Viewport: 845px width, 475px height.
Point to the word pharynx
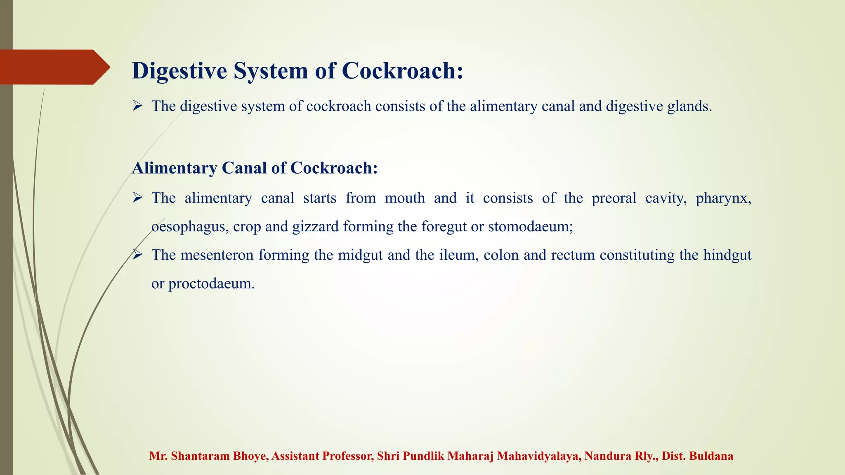(723, 198)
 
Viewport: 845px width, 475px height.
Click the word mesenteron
(217, 255)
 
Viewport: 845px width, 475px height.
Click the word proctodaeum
(211, 284)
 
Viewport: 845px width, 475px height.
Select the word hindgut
(727, 255)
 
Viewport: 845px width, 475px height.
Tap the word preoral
(614, 198)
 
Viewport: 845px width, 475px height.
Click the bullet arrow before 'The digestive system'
(137, 106)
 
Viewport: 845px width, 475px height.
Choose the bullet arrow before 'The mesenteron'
(137, 255)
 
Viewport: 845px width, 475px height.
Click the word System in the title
(271, 71)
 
